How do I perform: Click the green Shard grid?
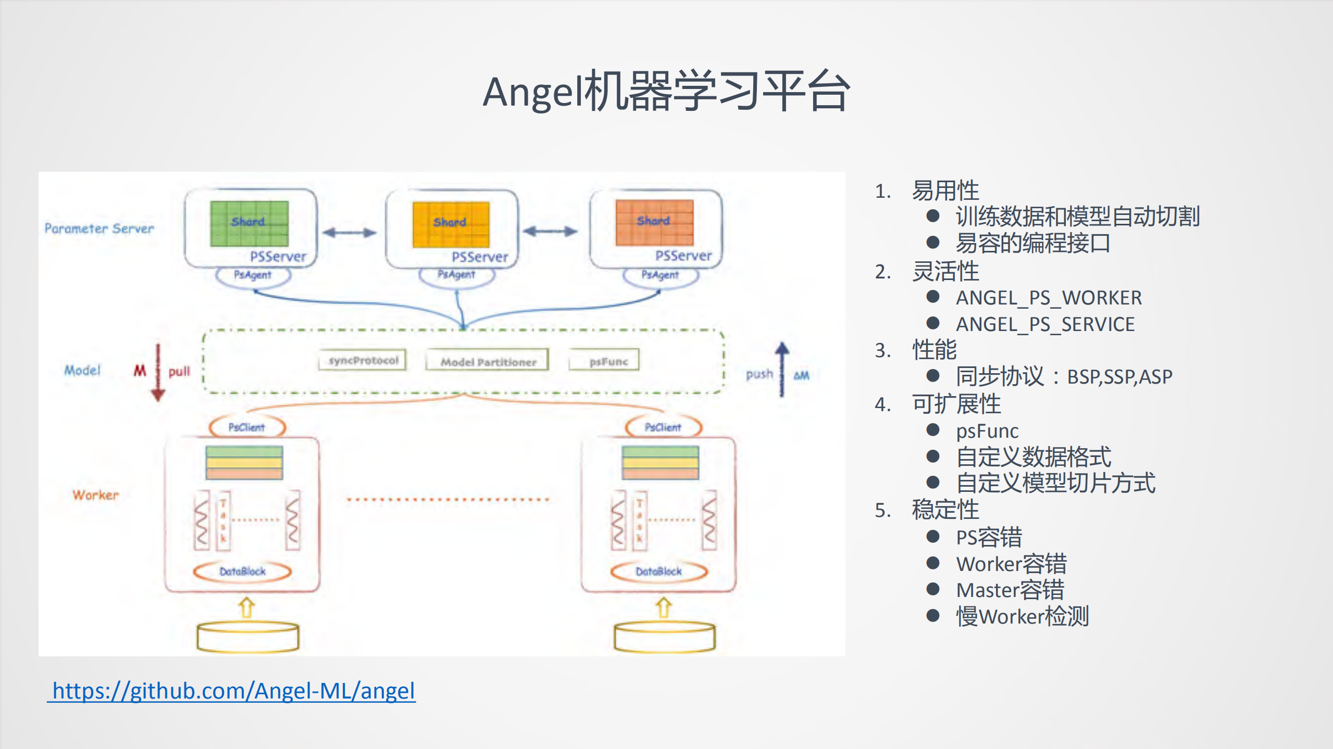tap(249, 223)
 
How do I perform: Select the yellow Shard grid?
tap(451, 224)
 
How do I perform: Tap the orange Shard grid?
tap(654, 222)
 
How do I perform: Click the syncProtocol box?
tap(363, 360)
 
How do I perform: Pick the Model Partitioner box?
tap(488, 361)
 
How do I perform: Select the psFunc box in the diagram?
tap(605, 361)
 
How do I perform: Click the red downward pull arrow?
tap(158, 372)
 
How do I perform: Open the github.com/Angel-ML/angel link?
tap(233, 691)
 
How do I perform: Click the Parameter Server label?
tap(99, 228)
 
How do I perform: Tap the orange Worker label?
tap(95, 494)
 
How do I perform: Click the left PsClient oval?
tap(247, 427)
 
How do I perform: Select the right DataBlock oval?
tap(658, 571)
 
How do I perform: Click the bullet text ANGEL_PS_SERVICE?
tap(1045, 324)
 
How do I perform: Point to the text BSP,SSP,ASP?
tap(1119, 376)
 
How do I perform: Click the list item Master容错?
tap(1010, 590)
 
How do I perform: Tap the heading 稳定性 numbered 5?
tap(945, 510)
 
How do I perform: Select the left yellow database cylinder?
tap(248, 637)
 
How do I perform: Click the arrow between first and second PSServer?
tap(349, 233)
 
